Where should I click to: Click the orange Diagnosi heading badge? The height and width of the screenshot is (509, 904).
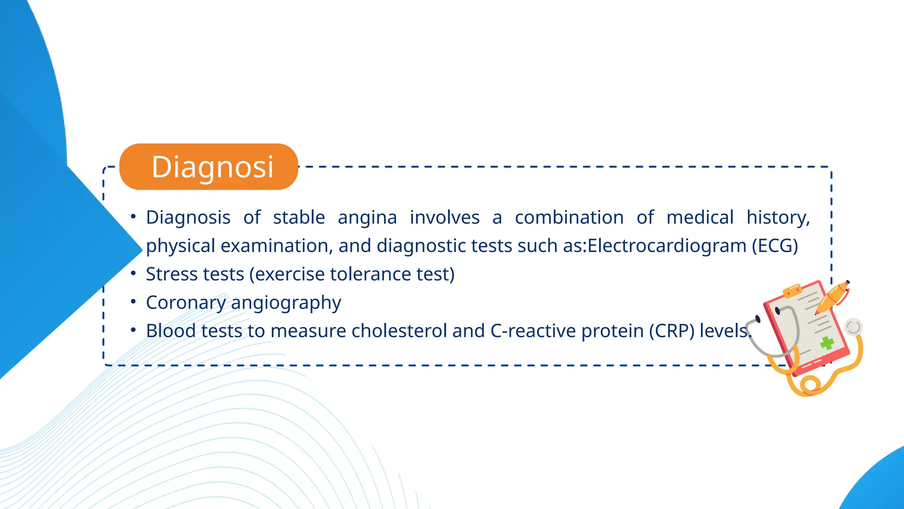coord(209,167)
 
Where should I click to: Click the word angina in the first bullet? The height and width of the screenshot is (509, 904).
coord(367,218)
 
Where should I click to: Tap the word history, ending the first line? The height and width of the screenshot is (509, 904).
coord(778,218)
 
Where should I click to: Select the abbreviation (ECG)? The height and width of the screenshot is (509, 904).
coord(775,246)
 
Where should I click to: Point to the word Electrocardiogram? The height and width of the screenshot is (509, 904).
coord(667,246)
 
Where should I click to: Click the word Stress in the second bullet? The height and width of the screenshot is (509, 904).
coord(172,274)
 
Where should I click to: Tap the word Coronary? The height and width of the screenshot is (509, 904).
coord(186,303)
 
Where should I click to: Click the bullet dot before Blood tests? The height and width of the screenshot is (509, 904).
coord(133,330)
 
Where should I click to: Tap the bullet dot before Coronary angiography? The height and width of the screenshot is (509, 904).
coord(133,301)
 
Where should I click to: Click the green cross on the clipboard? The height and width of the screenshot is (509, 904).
coord(827,342)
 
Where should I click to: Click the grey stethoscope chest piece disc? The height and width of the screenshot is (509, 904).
coord(853,327)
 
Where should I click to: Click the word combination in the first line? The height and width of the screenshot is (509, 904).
coord(569,218)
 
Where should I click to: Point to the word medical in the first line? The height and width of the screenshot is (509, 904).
coord(700,218)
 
